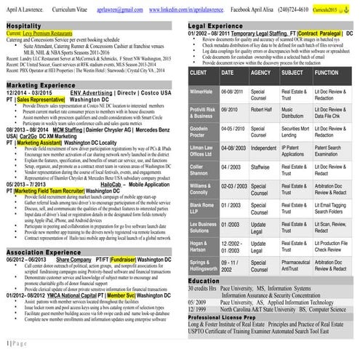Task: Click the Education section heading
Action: [x=204, y=280]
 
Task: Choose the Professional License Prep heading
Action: [x=230, y=318]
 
